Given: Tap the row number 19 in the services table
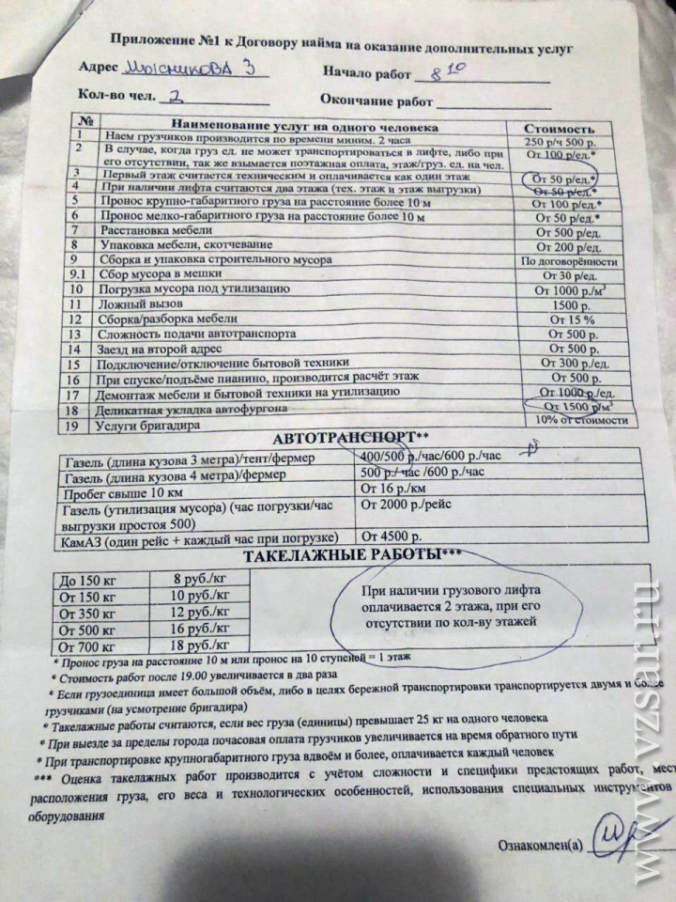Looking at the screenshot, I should pyautogui.click(x=81, y=424).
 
